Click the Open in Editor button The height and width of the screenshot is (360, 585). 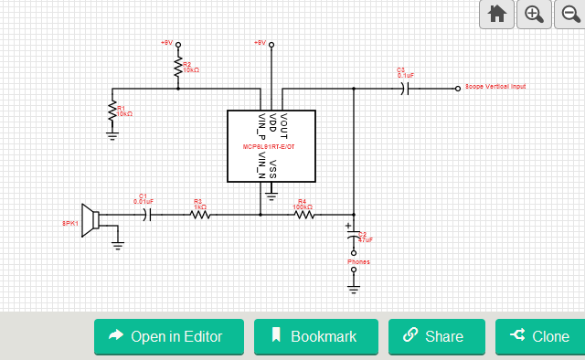pyautogui.click(x=169, y=336)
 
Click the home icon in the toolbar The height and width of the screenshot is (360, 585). pyautogui.click(x=496, y=14)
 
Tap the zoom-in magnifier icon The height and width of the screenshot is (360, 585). pyautogui.click(x=534, y=14)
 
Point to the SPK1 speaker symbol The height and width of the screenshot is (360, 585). pyautogui.click(x=90, y=220)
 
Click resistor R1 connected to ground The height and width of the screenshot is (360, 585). pyautogui.click(x=112, y=111)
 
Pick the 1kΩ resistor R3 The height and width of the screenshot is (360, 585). pyautogui.click(x=199, y=215)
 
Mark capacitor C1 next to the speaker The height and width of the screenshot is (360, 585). pyautogui.click(x=148, y=215)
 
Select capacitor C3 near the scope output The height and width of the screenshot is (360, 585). pyautogui.click(x=405, y=89)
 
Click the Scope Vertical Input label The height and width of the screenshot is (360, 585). pyautogui.click(x=495, y=87)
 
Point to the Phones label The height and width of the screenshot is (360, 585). pyautogui.click(x=358, y=262)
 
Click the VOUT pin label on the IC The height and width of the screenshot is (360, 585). pyautogui.click(x=283, y=122)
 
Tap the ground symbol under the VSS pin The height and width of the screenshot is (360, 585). pyautogui.click(x=271, y=193)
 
